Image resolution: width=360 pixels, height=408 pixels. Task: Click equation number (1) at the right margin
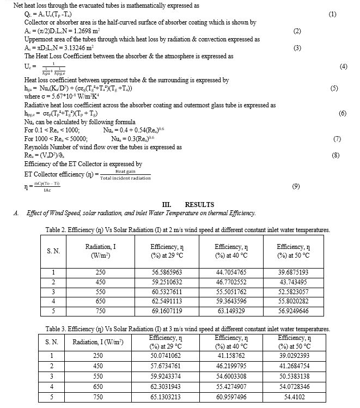pos(333,14)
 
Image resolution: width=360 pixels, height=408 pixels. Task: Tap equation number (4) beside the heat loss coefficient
pos(343,66)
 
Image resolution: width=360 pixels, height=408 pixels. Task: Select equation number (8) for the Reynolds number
pos(335,155)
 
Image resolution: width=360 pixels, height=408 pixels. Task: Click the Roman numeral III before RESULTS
pos(161,205)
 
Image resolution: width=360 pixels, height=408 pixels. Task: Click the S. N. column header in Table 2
pos(53,251)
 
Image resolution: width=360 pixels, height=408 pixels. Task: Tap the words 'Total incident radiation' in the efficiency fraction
pos(125,178)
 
